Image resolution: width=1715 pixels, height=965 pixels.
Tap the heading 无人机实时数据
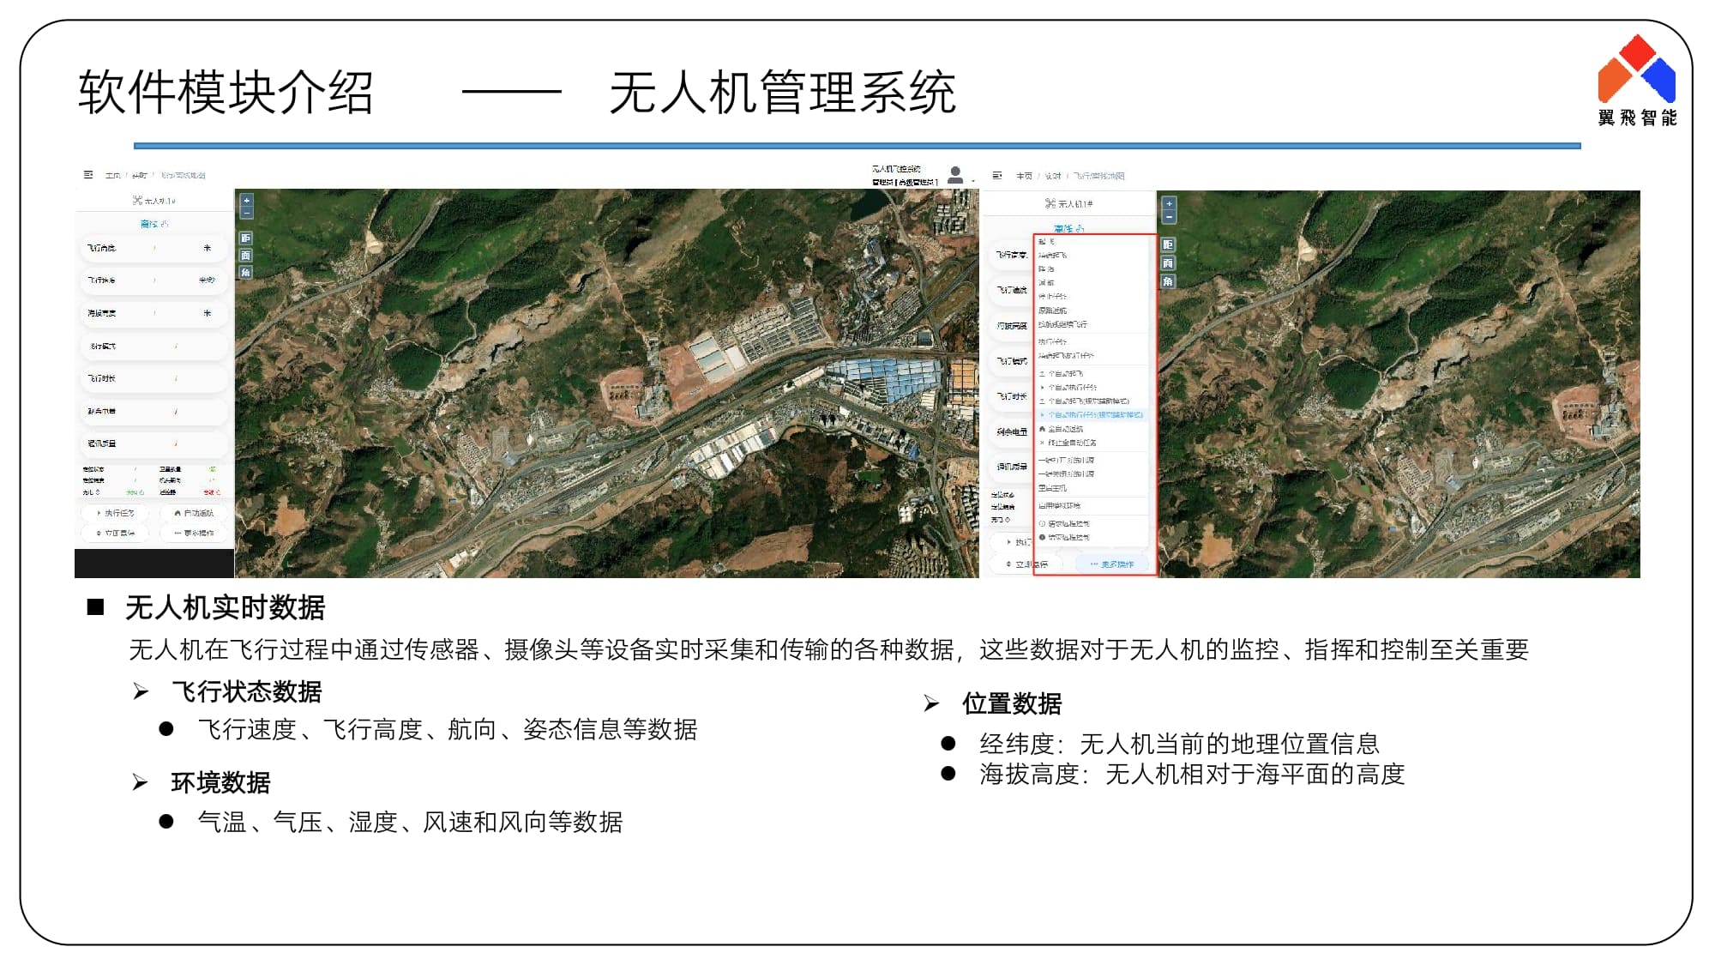click(x=225, y=607)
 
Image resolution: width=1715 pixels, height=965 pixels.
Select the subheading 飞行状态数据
click(x=246, y=691)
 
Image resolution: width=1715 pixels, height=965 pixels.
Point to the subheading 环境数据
click(x=220, y=782)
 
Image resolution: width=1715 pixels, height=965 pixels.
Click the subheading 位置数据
click(x=1012, y=703)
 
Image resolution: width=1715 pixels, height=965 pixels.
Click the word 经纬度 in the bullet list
click(x=1016, y=744)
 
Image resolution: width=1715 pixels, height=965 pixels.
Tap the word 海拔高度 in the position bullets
click(x=1029, y=775)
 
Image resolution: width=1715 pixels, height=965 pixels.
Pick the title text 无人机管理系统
click(x=782, y=93)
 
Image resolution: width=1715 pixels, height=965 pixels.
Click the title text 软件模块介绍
click(x=226, y=93)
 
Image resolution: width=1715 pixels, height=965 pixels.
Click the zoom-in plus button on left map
click(x=247, y=200)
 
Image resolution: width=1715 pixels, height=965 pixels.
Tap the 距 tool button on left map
click(x=246, y=238)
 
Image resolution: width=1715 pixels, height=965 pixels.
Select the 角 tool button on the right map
click(x=1168, y=281)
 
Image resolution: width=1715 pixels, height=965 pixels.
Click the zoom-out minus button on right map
click(x=1169, y=217)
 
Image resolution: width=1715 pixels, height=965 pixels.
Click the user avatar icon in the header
click(x=955, y=174)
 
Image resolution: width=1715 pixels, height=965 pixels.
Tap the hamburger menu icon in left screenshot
click(x=88, y=174)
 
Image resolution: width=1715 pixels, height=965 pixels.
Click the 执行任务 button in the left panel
click(x=116, y=513)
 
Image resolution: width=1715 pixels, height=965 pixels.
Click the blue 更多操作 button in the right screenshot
click(x=1112, y=564)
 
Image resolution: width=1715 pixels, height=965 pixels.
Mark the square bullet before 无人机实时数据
click(x=95, y=607)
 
